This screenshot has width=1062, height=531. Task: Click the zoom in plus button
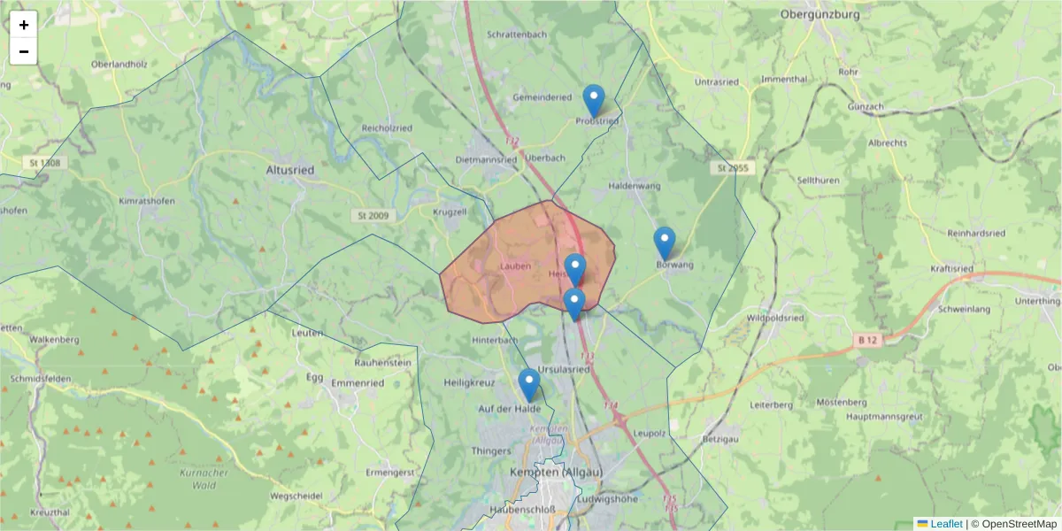pyautogui.click(x=24, y=24)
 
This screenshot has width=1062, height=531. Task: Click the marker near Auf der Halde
pyautogui.click(x=529, y=385)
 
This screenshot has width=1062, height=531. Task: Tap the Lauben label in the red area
pyautogui.click(x=515, y=265)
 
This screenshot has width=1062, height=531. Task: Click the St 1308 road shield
pyautogui.click(x=45, y=162)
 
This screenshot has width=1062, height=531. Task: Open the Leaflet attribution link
pyautogui.click(x=945, y=524)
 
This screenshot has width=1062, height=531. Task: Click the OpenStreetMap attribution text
pyautogui.click(x=1018, y=524)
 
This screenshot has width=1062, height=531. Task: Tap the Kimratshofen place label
pyautogui.click(x=146, y=201)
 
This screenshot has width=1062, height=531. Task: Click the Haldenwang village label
pyautogui.click(x=636, y=186)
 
